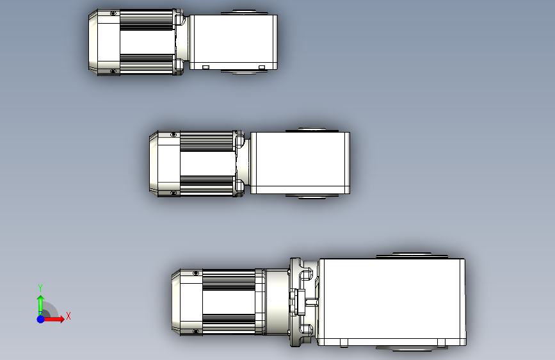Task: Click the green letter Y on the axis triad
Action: pyautogui.click(x=40, y=288)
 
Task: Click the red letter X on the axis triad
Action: pyautogui.click(x=68, y=316)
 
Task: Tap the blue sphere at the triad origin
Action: pyautogui.click(x=41, y=319)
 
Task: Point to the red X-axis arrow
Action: pyautogui.click(x=53, y=319)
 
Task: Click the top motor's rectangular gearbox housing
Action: pyautogui.click(x=233, y=42)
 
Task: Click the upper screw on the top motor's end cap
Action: pyautogui.click(x=113, y=13)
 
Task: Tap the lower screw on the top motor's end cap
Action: pyautogui.click(x=113, y=71)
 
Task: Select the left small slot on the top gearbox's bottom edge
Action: pyautogui.click(x=205, y=67)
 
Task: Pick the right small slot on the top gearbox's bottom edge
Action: pyautogui.click(x=262, y=67)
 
